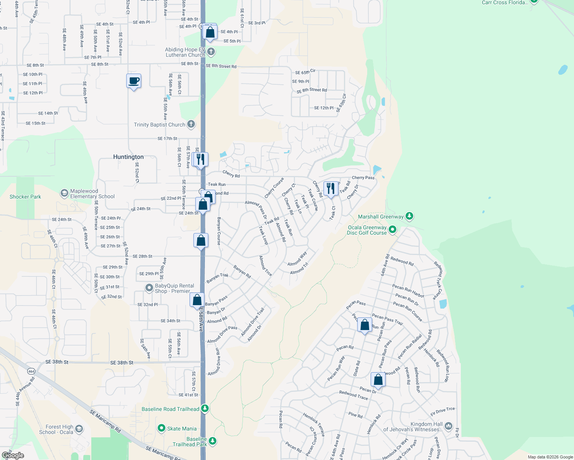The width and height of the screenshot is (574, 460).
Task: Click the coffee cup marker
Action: pyautogui.click(x=134, y=81)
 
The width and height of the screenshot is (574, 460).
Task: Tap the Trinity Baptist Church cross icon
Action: pyautogui.click(x=191, y=124)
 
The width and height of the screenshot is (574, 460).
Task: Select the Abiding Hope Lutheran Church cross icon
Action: pyautogui.click(x=211, y=51)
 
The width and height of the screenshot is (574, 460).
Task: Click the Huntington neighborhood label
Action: pyautogui.click(x=128, y=157)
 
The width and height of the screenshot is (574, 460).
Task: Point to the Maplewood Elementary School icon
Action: pyautogui.click(x=64, y=193)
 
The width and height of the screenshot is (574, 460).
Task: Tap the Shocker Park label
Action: pyautogui.click(x=25, y=197)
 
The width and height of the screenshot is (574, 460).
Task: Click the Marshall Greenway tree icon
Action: pyautogui.click(x=409, y=216)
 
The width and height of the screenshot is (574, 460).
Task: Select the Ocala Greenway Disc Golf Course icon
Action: pyautogui.click(x=392, y=230)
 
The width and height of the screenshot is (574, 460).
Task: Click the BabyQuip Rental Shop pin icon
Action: pyautogui.click(x=149, y=288)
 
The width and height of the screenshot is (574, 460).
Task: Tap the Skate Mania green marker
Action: pyautogui.click(x=162, y=428)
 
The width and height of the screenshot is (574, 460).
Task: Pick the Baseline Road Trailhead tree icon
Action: pyautogui.click(x=205, y=409)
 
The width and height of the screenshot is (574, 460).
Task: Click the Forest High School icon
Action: pyautogui.click(x=79, y=429)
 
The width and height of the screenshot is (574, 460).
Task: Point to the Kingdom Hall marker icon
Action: pyautogui.click(x=448, y=426)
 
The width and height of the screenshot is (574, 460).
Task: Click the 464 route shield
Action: pyautogui.click(x=31, y=371)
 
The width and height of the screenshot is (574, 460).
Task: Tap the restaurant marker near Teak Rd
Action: pyautogui.click(x=331, y=189)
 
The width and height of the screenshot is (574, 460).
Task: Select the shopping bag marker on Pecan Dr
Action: pyautogui.click(x=378, y=379)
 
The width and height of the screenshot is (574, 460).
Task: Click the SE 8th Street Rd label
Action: pyautogui.click(x=221, y=66)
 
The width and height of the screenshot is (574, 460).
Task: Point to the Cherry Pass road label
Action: pyautogui.click(x=363, y=177)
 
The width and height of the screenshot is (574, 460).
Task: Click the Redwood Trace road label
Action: pyautogui.click(x=353, y=395)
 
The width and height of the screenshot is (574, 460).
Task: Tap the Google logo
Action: pyautogui.click(x=13, y=455)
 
